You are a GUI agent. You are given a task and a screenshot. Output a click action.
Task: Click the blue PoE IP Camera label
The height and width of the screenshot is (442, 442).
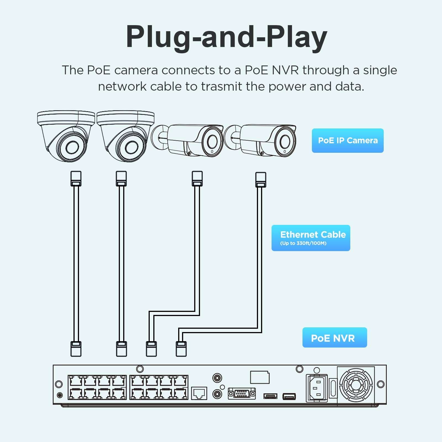pyautogui.click(x=348, y=140)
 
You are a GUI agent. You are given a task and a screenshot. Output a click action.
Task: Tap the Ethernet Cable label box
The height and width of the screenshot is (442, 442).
pyautogui.click(x=311, y=238)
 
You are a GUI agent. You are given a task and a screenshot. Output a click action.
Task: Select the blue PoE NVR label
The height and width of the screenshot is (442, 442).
pyautogui.click(x=334, y=338)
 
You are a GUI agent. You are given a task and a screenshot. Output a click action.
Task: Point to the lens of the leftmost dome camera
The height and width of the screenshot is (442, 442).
pyautogui.click(x=72, y=147)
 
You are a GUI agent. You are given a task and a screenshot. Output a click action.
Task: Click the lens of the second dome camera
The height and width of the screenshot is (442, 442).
pyautogui.click(x=132, y=147)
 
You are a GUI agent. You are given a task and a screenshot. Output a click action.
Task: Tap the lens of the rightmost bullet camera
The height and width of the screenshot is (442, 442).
pyautogui.click(x=285, y=142)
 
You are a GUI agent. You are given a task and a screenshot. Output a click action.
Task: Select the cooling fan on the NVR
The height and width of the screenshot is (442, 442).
pyautogui.click(x=356, y=385)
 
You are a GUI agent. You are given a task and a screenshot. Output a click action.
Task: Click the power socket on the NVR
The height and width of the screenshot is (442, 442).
pyautogui.click(x=317, y=388)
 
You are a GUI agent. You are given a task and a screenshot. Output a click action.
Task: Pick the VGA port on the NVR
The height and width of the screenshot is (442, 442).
pyautogui.click(x=242, y=393)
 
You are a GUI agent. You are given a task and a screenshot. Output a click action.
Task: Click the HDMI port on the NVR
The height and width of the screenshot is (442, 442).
pyautogui.click(x=270, y=396)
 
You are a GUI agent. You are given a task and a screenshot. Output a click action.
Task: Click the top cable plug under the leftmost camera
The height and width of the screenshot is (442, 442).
pyautogui.click(x=76, y=178)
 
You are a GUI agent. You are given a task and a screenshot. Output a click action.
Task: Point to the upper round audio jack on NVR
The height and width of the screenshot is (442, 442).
pyautogui.click(x=217, y=378)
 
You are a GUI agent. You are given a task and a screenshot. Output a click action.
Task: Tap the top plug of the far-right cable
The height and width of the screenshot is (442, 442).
pyautogui.click(x=261, y=180)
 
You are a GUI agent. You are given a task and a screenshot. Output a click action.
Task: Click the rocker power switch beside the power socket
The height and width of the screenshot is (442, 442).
pyautogui.click(x=333, y=388)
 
